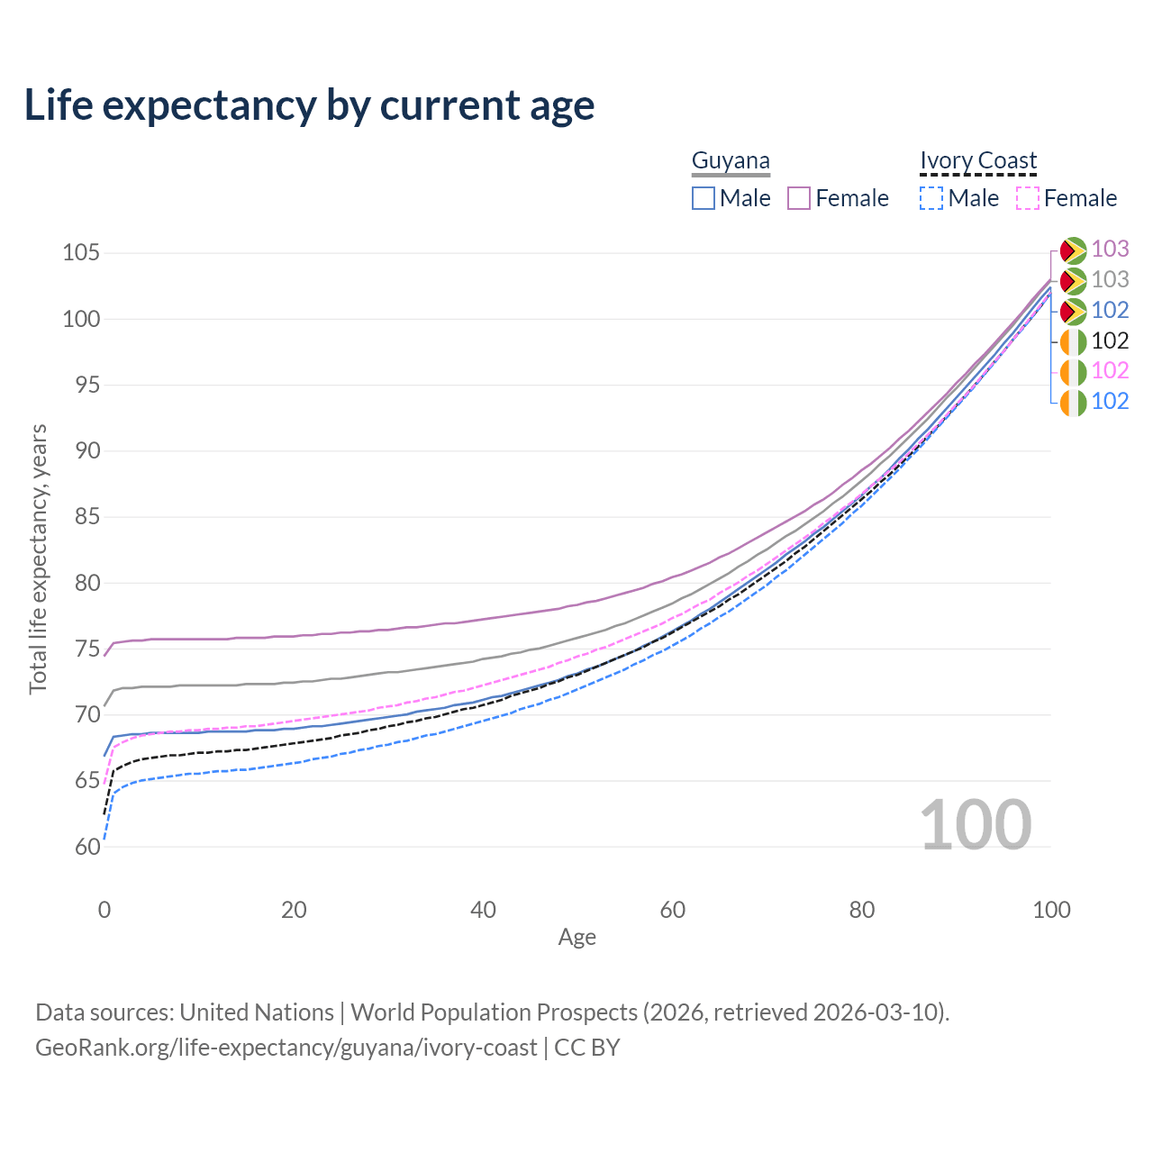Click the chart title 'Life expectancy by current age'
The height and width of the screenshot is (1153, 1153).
point(309,106)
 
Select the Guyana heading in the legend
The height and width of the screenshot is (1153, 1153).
point(731,160)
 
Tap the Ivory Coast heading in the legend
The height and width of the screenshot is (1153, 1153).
point(977,160)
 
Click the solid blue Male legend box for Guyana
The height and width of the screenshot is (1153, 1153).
point(703,198)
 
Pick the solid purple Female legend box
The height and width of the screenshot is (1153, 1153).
point(798,198)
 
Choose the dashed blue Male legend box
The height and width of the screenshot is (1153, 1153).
point(931,198)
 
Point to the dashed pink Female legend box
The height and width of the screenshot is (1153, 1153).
point(1028,198)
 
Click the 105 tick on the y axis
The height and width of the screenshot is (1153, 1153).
point(81,252)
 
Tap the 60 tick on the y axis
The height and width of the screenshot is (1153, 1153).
point(87,847)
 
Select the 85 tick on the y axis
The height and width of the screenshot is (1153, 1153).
point(87,516)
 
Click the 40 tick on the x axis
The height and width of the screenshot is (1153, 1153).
point(483,910)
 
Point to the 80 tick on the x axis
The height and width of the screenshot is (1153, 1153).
point(862,910)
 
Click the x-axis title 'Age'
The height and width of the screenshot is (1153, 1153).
point(576,937)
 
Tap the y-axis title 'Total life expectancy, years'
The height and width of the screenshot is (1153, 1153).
point(38,559)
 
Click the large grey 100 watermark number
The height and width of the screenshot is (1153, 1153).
point(976,824)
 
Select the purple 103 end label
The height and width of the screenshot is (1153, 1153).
point(1110,249)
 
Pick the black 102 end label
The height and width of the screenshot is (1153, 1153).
point(1110,341)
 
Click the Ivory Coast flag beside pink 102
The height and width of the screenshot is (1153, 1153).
point(1073,372)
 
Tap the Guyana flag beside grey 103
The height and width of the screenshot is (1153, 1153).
point(1073,281)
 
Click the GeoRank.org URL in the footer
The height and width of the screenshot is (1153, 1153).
point(286,1047)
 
